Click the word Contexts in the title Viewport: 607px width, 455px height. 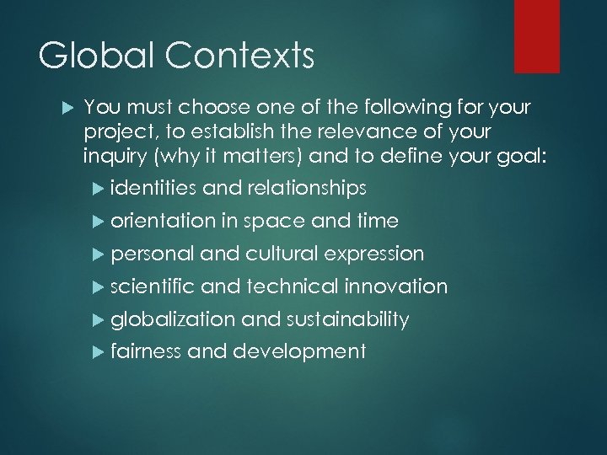[x=237, y=57]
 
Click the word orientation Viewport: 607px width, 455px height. [x=163, y=221]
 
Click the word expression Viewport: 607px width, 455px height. [x=373, y=254]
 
